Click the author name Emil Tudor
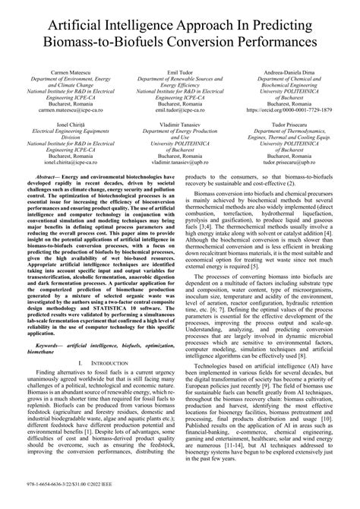179,71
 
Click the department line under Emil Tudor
179,78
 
